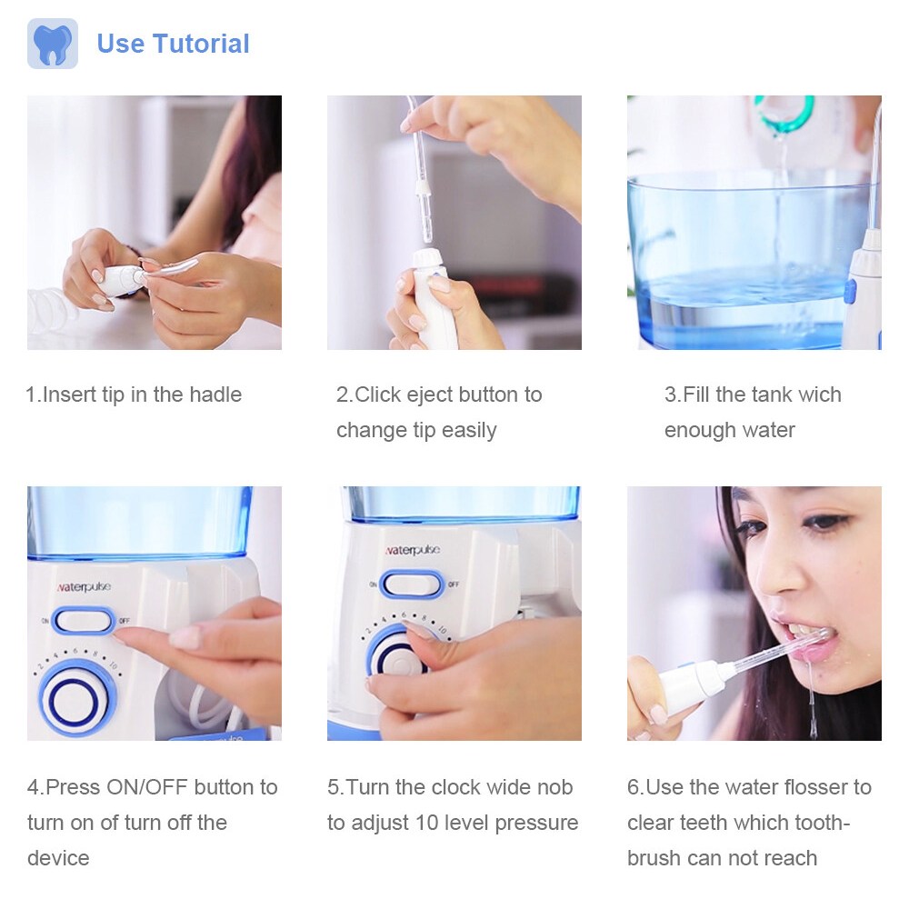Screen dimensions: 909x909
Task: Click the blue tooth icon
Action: tap(52, 44)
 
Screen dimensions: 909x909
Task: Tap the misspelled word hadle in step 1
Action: tap(215, 395)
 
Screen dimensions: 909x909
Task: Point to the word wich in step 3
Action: tap(819, 395)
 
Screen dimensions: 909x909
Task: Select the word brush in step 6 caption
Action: tap(654, 858)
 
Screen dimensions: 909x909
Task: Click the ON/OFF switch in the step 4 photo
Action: tap(84, 620)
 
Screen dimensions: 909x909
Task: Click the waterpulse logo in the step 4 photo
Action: tap(84, 587)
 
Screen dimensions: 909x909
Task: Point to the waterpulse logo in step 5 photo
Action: tap(412, 550)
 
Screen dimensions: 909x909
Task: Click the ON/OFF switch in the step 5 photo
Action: tap(412, 584)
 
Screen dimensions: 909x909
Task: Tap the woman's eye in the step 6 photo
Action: tap(824, 523)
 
